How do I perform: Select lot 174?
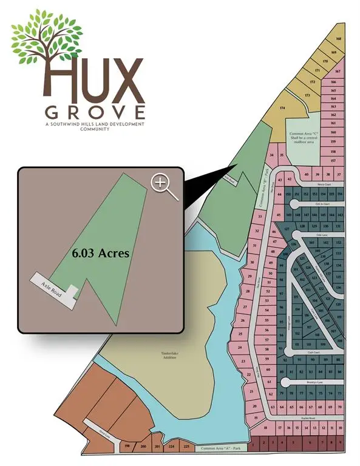coord(282,108)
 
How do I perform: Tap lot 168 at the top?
coord(338,39)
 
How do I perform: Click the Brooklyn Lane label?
coord(314,382)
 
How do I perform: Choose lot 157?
coord(333,160)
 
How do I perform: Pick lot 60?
coord(268,368)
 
